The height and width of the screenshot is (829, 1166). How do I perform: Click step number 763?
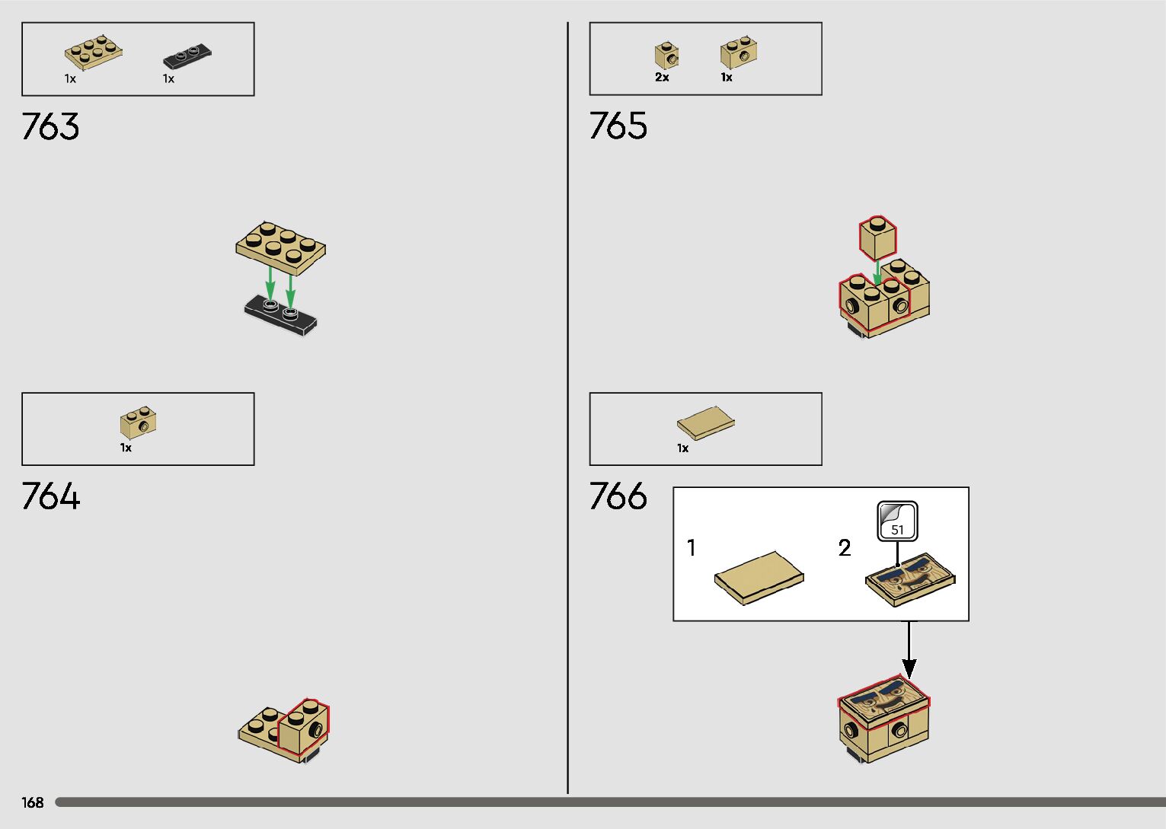coord(50,126)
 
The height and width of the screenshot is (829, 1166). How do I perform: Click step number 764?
coord(50,496)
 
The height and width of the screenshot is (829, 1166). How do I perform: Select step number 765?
coord(618,126)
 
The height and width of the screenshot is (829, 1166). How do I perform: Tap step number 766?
coord(618,496)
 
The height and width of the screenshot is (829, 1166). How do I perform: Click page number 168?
coord(33,802)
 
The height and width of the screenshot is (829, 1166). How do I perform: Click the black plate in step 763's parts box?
coord(187,56)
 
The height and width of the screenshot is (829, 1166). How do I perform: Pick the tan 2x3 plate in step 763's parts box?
coord(94,52)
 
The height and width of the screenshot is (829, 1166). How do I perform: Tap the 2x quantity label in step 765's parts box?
coord(662,77)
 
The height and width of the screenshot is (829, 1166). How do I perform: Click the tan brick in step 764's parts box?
coord(138,422)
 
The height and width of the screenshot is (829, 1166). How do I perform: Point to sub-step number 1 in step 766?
coord(692,547)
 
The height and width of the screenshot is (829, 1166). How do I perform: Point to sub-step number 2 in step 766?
coord(845,547)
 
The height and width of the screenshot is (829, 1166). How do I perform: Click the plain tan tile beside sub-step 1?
coord(759,578)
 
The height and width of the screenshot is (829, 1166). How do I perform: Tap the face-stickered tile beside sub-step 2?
coord(910,579)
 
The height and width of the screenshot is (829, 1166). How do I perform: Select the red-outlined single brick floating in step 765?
coord(877,238)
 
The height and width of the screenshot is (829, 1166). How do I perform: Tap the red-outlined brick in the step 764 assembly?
coord(305,727)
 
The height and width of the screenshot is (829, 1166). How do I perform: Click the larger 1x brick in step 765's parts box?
coord(738,54)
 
